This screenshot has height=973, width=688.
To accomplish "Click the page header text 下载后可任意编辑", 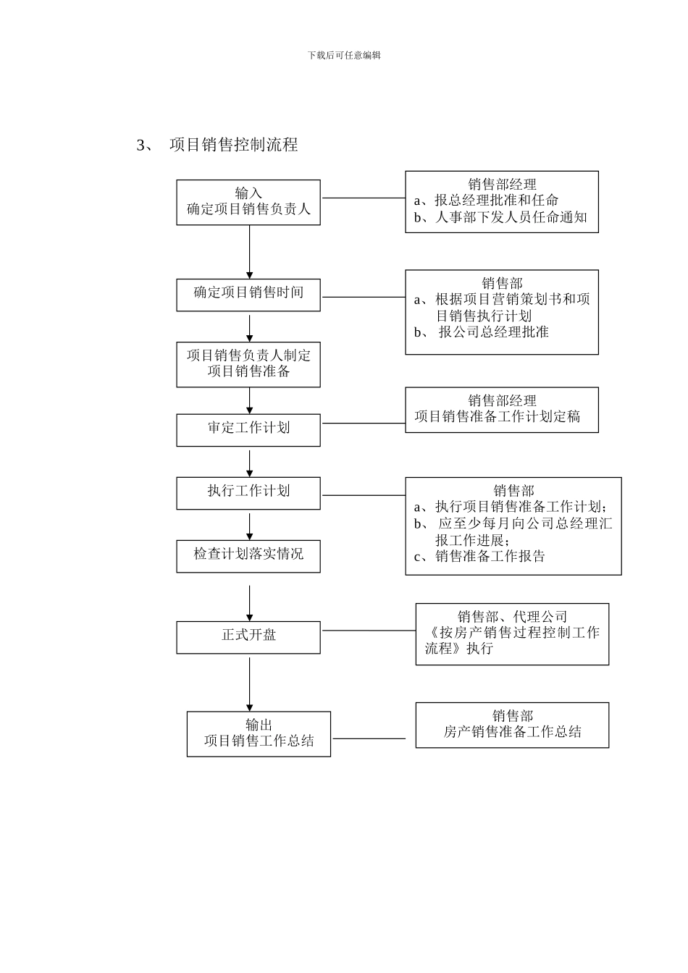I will coord(344,55).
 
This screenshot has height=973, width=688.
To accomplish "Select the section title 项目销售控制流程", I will coord(233,145).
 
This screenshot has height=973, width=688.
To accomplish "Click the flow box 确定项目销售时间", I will coord(248,293).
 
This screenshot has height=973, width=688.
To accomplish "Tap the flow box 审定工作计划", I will coord(248,428).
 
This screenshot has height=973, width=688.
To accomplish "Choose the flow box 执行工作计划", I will coord(248,491).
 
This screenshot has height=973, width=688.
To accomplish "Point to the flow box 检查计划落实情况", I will coord(248,555).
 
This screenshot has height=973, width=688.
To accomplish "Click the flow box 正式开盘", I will coord(248,636).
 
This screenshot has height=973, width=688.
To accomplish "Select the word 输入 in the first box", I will coord(248,193).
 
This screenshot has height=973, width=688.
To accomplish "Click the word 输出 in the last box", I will coord(259,725).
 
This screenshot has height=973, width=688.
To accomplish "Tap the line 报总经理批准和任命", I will coord(496,201).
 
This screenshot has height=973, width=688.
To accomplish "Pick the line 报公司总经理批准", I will coord(493,332).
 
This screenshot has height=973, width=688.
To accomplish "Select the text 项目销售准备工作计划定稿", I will coord(498,417).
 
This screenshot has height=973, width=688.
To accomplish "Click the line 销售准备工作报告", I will coord(490,557).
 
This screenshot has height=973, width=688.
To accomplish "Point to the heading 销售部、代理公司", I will coord(512,616).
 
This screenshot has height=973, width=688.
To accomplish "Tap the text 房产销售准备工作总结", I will coord(512,732).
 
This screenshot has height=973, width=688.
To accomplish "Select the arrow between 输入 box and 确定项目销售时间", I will coord(250,252).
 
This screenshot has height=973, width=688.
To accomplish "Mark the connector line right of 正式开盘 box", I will coord(368,631).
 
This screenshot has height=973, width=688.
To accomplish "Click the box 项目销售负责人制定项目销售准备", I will coord(248,364).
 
